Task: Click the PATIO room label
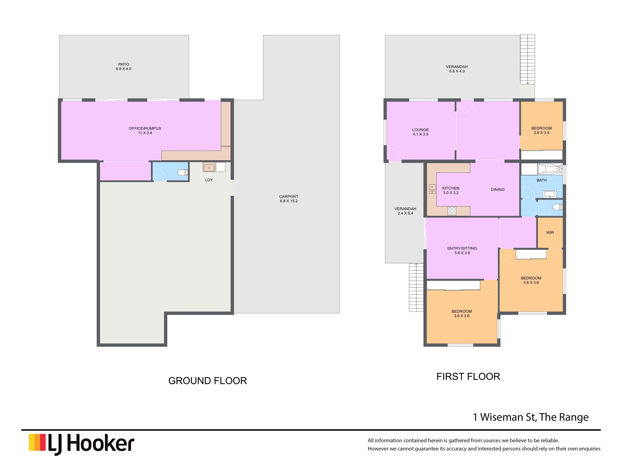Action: coord(123,64)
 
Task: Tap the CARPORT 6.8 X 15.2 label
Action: coord(289,199)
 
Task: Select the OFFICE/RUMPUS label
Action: coord(145,128)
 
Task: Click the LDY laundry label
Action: coord(209,180)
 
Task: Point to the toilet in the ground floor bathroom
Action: coord(183,172)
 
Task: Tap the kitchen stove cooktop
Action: coord(452,211)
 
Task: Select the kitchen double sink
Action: coord(432,189)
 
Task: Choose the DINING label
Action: coord(498,190)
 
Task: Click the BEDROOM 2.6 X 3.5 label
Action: coord(541,130)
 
